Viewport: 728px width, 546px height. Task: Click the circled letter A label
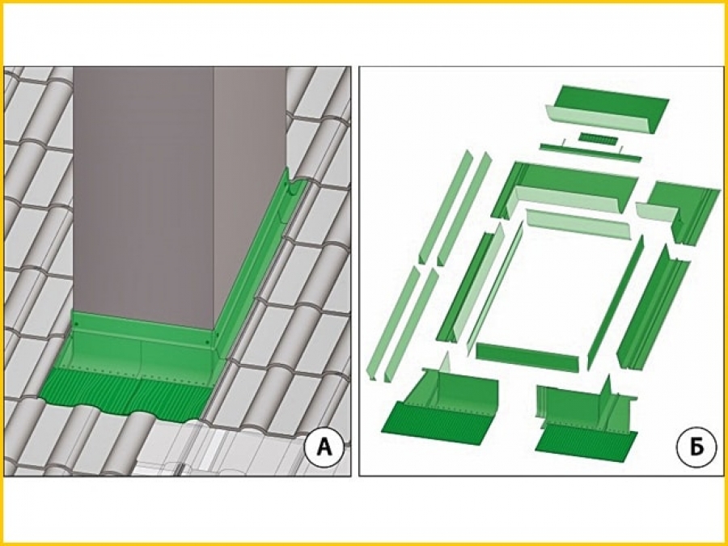click(324, 447)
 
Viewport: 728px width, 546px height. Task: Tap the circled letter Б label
click(696, 447)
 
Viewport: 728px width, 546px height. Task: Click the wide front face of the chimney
click(143, 195)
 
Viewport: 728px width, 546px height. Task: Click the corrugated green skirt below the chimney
click(125, 394)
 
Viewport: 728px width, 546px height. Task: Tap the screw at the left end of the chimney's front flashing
click(77, 324)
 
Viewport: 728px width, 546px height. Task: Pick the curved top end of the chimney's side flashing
click(294, 184)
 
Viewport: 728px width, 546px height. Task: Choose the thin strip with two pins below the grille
click(590, 152)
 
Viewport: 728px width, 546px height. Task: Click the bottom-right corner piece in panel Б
click(586, 418)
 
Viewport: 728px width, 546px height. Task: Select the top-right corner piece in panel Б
click(679, 210)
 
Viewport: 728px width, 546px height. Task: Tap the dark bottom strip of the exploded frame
click(527, 358)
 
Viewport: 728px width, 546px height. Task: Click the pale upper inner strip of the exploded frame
click(578, 224)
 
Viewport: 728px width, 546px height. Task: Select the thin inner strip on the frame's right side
click(616, 303)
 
